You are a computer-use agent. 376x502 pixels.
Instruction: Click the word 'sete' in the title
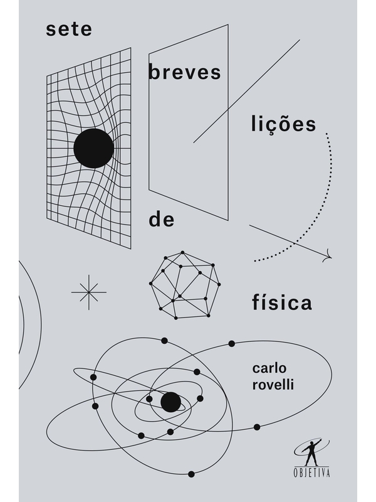[69, 29]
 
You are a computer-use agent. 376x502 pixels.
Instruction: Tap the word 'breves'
[184, 72]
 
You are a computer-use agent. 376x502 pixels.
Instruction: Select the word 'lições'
[283, 124]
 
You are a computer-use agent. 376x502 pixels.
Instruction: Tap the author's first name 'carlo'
[269, 368]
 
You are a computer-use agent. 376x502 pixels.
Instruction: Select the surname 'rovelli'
[273, 384]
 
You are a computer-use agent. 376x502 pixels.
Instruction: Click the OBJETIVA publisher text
[311, 473]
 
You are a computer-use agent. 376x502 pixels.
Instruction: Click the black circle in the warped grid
[93, 148]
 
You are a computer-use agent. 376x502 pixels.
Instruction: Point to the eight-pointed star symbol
[88, 292]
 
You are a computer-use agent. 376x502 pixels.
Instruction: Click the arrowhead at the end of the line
[328, 256]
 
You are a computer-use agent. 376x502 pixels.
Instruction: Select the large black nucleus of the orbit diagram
[170, 402]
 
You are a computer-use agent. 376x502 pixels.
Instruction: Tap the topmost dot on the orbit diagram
[164, 340]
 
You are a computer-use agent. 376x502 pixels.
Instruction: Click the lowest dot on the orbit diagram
[191, 474]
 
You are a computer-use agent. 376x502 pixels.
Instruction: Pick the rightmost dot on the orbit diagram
[257, 427]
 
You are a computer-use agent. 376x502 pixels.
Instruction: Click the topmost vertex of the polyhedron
[182, 252]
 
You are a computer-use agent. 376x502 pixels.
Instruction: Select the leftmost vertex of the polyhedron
[150, 284]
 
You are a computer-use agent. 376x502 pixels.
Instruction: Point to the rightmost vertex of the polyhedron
[219, 284]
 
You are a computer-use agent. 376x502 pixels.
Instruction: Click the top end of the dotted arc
[326, 134]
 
